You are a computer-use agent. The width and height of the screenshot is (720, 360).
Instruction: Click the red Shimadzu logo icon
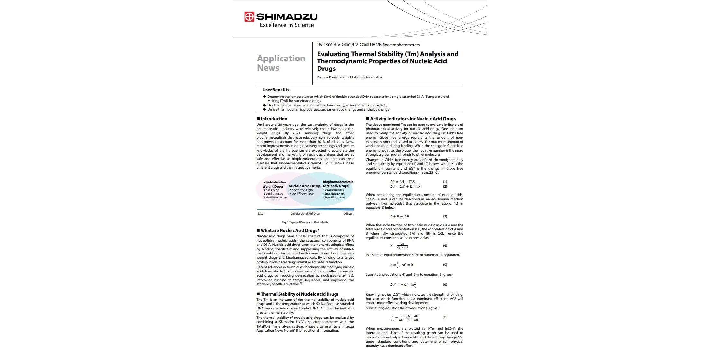point(249,16)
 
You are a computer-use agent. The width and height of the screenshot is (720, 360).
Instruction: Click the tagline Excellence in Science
point(287,25)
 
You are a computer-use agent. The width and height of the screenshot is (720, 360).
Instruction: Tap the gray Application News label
point(281,63)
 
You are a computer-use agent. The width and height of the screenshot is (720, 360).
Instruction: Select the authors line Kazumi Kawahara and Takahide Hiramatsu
point(349,77)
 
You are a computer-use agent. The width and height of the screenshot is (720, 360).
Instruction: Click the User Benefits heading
point(276,90)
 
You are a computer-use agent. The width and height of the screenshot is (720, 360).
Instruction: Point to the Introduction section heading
point(274,119)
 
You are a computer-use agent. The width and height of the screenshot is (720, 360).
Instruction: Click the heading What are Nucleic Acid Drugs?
point(290,230)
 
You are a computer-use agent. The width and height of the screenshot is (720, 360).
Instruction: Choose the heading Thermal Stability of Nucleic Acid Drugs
point(299,294)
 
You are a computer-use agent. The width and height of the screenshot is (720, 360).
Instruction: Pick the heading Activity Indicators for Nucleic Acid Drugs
point(412,119)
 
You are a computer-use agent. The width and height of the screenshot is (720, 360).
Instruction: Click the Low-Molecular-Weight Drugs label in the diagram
point(274,184)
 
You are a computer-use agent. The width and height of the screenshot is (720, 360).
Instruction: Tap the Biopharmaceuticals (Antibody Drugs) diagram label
point(337,184)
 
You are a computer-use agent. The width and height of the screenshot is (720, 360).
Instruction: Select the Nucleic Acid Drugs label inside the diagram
point(304,186)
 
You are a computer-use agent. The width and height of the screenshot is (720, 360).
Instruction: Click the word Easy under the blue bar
point(260,214)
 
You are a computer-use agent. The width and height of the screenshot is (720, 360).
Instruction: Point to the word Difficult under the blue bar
point(348,214)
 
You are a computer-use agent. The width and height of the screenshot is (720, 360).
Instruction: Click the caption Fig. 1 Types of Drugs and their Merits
point(305,222)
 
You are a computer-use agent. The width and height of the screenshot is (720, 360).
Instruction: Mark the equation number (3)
point(445,216)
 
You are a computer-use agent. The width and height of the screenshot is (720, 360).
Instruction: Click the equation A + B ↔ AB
point(400,216)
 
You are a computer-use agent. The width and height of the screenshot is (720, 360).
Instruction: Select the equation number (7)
point(444,318)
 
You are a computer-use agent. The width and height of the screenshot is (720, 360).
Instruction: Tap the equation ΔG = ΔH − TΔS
point(402,182)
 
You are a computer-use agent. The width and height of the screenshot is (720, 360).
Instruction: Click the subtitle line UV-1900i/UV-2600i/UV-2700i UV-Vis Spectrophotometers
point(368,45)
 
